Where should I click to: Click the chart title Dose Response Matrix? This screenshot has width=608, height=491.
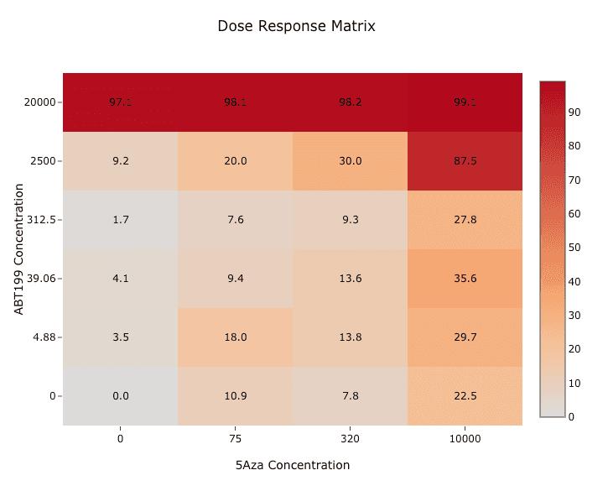click(296, 26)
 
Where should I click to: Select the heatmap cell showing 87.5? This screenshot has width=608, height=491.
click(465, 161)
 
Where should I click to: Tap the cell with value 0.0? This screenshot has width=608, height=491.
click(121, 396)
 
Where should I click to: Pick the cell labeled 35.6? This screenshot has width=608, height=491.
click(465, 279)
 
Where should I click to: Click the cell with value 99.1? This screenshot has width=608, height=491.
click(465, 102)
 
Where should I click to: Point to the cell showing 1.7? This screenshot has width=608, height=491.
click(121, 220)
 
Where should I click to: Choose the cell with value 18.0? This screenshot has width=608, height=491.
click(236, 337)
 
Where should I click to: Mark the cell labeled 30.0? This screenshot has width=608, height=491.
click(351, 161)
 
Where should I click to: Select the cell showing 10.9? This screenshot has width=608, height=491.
click(236, 396)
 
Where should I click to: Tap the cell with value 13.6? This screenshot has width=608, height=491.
click(351, 279)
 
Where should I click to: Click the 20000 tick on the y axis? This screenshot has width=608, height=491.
click(40, 102)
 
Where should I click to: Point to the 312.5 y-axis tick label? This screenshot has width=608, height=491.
click(41, 220)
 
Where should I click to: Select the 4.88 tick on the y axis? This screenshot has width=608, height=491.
click(44, 337)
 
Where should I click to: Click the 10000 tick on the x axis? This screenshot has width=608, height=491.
click(465, 438)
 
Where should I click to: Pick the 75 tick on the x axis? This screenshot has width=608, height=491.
click(236, 438)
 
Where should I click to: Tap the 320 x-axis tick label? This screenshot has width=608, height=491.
click(351, 438)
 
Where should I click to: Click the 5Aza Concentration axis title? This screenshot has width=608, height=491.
click(293, 465)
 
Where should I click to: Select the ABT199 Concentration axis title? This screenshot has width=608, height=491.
click(18, 249)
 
